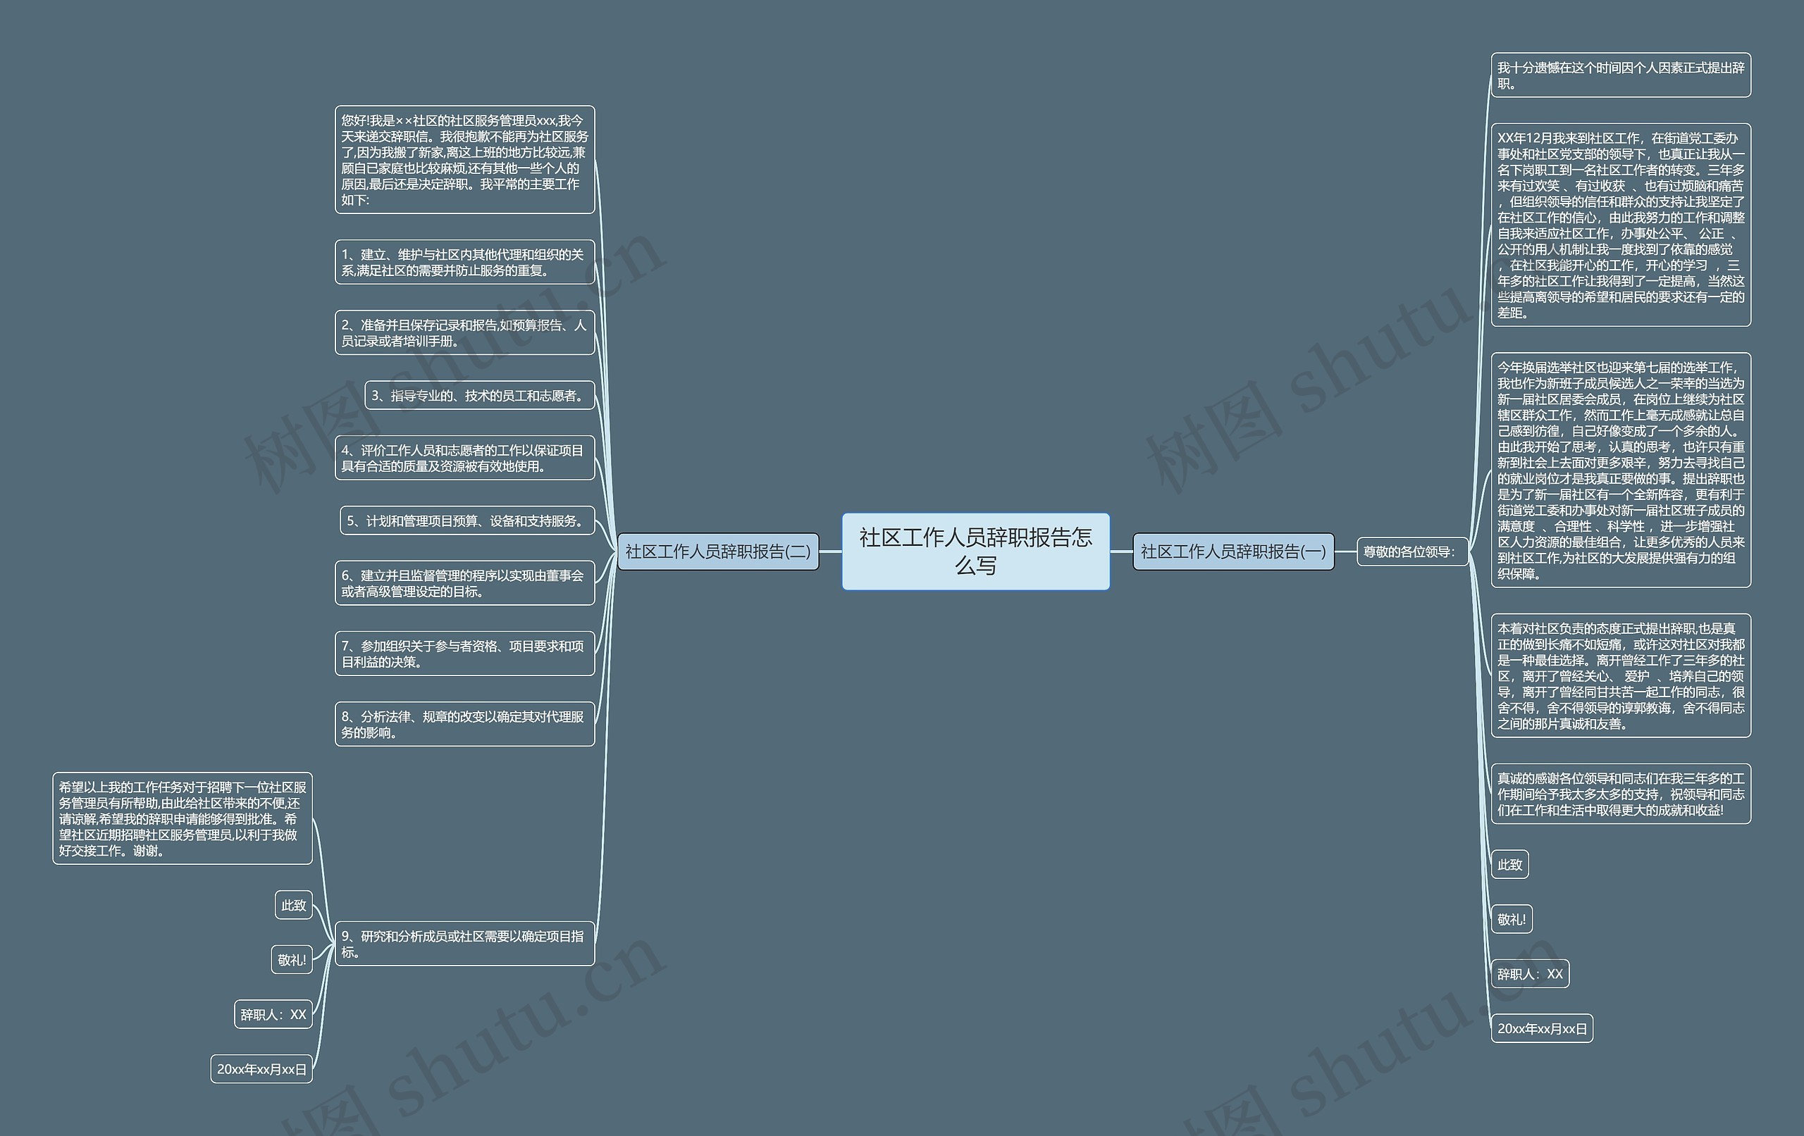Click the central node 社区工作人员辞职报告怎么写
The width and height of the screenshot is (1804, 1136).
[x=975, y=551]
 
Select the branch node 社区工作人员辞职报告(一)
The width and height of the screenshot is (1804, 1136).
[x=1232, y=552]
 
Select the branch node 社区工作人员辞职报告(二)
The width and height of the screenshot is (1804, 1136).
[x=717, y=552]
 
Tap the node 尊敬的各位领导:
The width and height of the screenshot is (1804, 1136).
[x=1411, y=552]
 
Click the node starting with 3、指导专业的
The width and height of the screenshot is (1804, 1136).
[x=479, y=395]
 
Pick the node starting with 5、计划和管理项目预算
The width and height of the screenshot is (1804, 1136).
[x=467, y=520]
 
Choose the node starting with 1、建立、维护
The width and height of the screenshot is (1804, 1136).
[x=464, y=262]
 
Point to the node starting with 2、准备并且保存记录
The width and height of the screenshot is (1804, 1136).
[x=464, y=332]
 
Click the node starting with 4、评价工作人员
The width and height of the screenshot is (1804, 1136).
[x=464, y=458]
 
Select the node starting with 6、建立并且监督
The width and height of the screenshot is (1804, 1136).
[x=464, y=582]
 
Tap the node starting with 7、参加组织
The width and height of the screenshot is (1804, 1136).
[x=464, y=653]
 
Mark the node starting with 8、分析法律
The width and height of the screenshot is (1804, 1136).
[x=464, y=723]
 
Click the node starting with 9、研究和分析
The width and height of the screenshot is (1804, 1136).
[x=464, y=944]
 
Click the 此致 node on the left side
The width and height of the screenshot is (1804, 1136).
[x=293, y=906]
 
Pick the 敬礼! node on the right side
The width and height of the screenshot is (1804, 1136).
[x=1511, y=919]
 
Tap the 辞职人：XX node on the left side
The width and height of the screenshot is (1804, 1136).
[x=273, y=1014]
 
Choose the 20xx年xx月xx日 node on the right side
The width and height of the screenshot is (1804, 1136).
[x=1542, y=1028]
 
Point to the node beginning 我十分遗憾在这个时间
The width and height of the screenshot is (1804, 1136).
[x=1621, y=75]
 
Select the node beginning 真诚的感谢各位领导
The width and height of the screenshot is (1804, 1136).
[x=1621, y=794]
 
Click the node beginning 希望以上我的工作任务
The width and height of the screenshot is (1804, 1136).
[x=182, y=818]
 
